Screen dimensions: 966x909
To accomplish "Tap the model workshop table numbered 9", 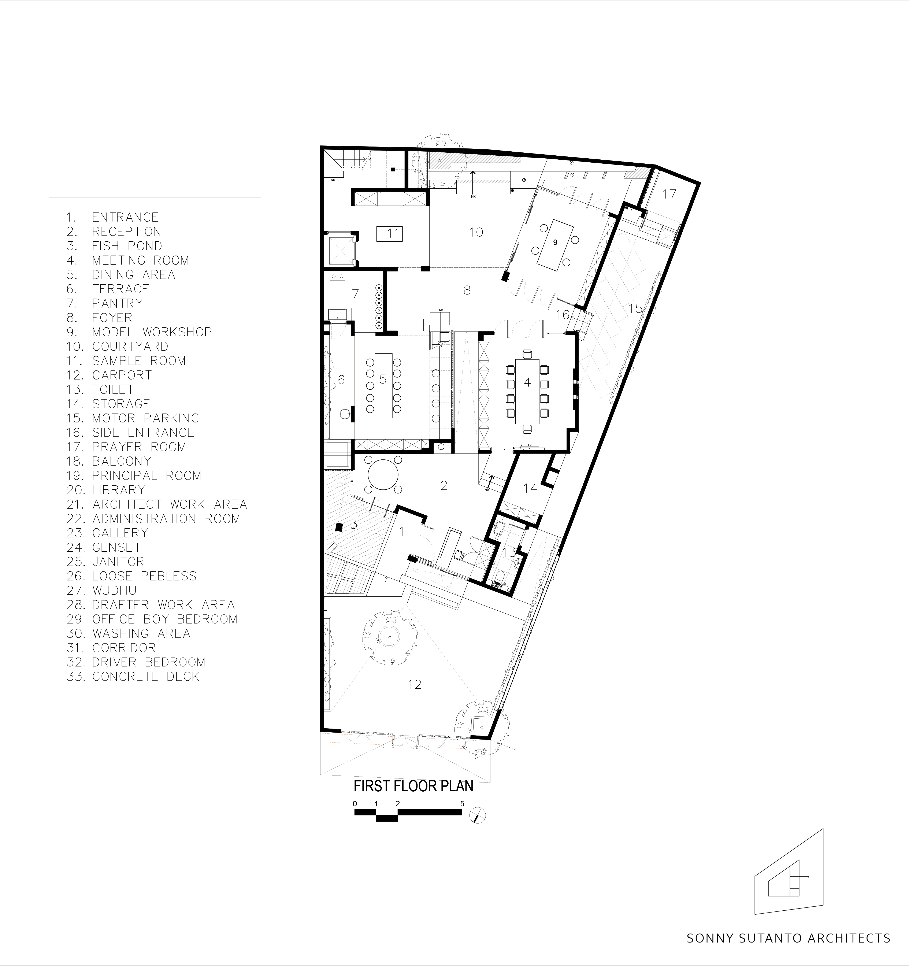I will pyautogui.click(x=555, y=243).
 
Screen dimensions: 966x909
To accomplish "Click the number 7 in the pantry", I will pyautogui.click(x=355, y=293).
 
